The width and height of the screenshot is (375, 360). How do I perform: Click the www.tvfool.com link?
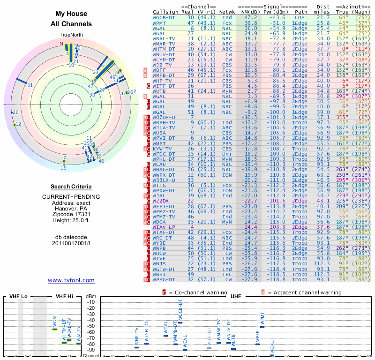71,280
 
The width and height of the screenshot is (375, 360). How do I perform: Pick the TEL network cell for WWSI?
227,274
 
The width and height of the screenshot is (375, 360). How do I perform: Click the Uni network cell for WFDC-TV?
227,154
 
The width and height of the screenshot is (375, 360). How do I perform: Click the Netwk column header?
227,11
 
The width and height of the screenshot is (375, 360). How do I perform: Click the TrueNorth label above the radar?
71,35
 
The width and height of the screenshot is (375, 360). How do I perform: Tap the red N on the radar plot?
61,44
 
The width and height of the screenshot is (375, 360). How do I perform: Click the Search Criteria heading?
71,187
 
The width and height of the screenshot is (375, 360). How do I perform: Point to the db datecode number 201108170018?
71,243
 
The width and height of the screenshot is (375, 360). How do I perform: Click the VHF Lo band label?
18,296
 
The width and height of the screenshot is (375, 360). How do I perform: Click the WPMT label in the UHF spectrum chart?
262,320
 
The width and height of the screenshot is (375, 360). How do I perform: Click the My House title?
71,14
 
